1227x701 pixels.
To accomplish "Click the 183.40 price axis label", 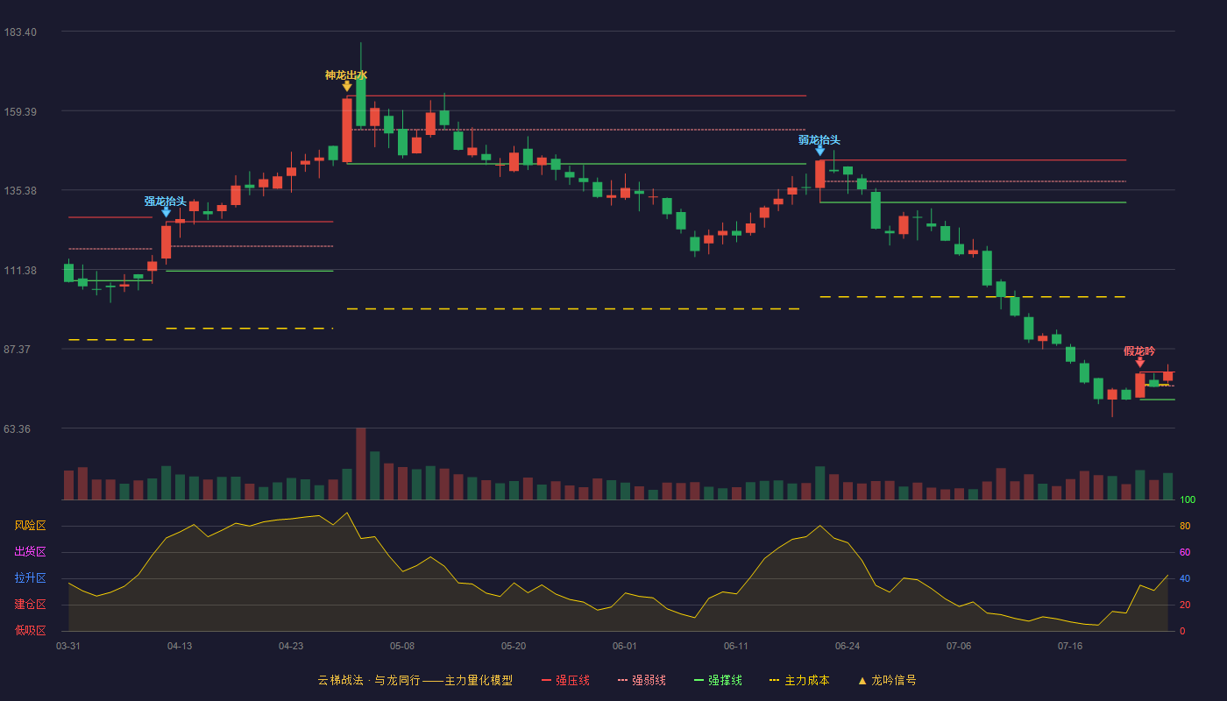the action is [x=20, y=32].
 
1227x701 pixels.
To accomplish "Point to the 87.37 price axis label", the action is [x=17, y=350].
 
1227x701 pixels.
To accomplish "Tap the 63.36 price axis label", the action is [x=17, y=428].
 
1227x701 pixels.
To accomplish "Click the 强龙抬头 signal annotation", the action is [x=166, y=201].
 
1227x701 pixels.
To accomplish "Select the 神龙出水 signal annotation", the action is [x=346, y=75].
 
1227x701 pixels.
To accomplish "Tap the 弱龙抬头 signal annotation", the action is [x=819, y=139].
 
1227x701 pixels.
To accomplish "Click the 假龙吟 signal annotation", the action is [x=1139, y=351].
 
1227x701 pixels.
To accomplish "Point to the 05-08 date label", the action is [x=402, y=647].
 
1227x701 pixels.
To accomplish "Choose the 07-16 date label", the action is [x=1070, y=647].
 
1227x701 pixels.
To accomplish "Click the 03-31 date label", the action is [x=68, y=647].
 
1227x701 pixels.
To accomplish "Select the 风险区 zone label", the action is [x=30, y=526].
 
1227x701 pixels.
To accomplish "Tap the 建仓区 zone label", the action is [x=30, y=604].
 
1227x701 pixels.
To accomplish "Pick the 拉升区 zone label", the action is [x=30, y=577].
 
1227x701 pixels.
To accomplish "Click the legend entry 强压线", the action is [x=566, y=680].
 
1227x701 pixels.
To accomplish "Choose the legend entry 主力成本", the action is [x=799, y=680].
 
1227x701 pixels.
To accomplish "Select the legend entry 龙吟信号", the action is [x=887, y=680].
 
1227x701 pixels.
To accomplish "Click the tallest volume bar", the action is [x=360, y=464].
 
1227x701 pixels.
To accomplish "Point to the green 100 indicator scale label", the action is [x=1188, y=499].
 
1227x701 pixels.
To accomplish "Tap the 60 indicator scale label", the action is [x=1185, y=552].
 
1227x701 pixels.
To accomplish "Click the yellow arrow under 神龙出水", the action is [x=347, y=87].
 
